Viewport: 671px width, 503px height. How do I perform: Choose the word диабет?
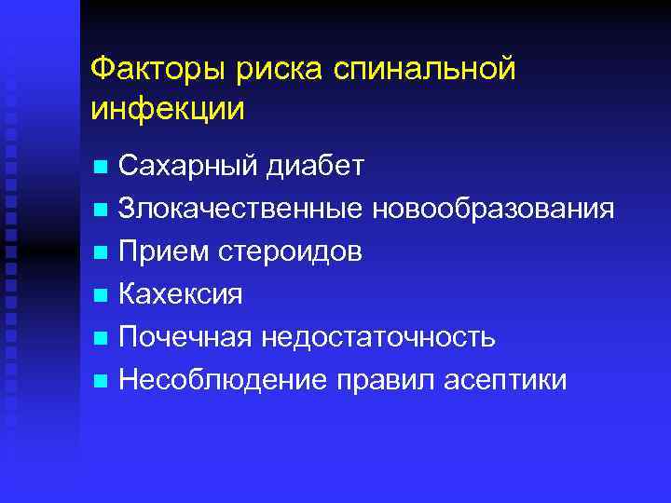[314, 167]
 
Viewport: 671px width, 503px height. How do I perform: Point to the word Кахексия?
[181, 294]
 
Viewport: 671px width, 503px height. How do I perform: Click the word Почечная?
[185, 336]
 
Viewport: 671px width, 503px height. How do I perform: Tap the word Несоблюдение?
[223, 379]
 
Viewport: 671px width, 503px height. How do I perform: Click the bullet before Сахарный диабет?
[100, 169]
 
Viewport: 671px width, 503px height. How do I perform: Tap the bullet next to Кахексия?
[100, 296]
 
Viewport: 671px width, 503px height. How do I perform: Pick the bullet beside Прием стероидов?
[100, 253]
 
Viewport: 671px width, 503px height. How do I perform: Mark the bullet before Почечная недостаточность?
[100, 338]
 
